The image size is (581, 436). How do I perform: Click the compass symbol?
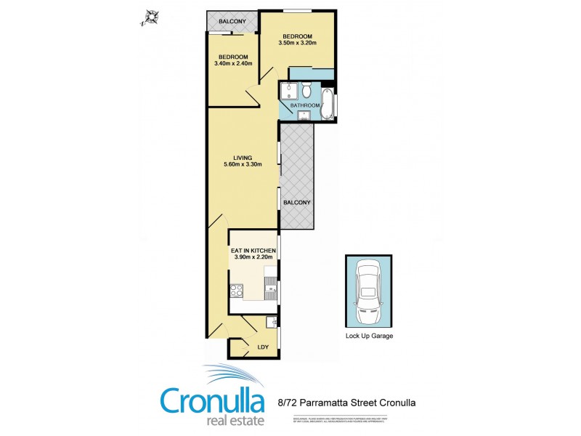(x=152, y=17)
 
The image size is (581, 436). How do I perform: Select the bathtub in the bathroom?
(x=327, y=102)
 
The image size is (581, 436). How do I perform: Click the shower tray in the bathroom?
(x=288, y=92)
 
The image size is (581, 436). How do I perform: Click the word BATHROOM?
(x=304, y=106)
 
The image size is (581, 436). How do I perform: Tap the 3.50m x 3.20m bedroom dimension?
(x=298, y=44)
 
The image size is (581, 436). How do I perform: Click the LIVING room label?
(x=243, y=157)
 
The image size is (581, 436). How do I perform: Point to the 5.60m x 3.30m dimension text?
(x=243, y=164)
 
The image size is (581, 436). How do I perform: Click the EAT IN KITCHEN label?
(x=253, y=251)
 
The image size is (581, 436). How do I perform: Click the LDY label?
(x=262, y=347)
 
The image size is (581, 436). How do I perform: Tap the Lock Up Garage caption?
(x=369, y=336)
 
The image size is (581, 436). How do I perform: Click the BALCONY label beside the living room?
(x=297, y=202)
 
